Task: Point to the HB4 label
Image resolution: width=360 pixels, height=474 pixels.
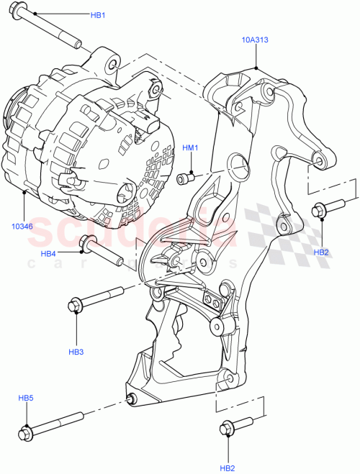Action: click(x=48, y=253)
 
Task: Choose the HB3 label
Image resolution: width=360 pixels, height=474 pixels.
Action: click(x=76, y=352)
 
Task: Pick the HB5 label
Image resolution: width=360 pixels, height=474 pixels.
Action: click(x=26, y=398)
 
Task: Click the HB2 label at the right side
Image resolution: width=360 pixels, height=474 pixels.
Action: click(x=321, y=252)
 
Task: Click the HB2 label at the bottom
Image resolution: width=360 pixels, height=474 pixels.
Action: click(x=228, y=468)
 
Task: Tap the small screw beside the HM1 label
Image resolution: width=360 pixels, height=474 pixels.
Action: click(x=186, y=178)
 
